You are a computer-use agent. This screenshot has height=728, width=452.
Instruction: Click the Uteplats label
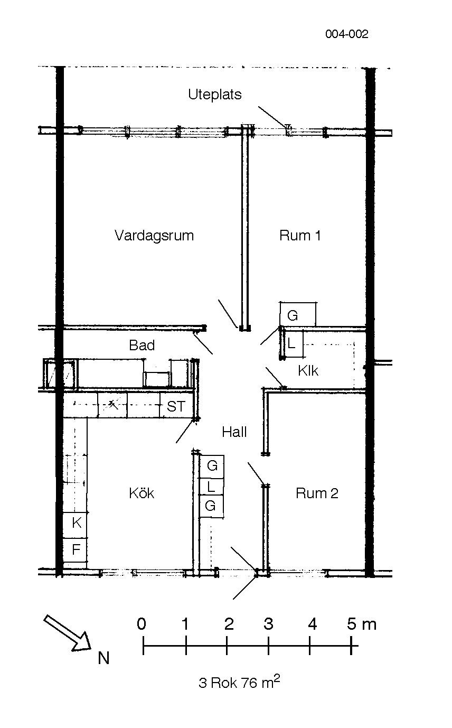(x=215, y=95)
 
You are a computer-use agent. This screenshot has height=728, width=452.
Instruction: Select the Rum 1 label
(x=300, y=235)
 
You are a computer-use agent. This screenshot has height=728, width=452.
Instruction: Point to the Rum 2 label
(x=317, y=493)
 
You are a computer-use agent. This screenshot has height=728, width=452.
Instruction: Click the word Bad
(x=142, y=345)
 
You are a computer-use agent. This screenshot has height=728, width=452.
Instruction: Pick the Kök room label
(x=142, y=493)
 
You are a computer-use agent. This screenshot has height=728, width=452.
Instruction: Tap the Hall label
(x=234, y=432)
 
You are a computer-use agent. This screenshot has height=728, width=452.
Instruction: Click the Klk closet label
(x=308, y=370)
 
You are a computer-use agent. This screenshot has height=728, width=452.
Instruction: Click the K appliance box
(x=76, y=522)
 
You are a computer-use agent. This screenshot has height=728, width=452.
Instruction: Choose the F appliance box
(x=76, y=549)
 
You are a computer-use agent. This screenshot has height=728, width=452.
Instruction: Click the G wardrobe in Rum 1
(x=298, y=314)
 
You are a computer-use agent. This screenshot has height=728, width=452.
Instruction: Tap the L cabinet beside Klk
(x=293, y=344)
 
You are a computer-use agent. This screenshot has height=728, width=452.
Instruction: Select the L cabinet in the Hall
(x=211, y=487)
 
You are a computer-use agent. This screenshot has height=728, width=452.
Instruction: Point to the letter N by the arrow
(x=103, y=658)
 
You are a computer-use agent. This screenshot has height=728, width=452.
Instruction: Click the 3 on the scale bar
(x=268, y=624)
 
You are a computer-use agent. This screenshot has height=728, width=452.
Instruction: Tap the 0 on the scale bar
(x=142, y=624)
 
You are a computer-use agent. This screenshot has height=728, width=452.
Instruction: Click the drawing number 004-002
(x=347, y=34)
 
